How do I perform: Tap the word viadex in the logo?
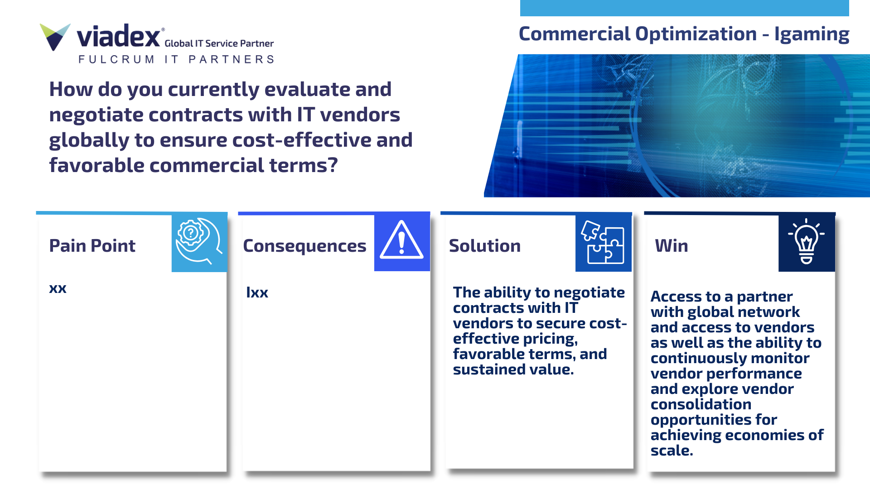pos(118,36)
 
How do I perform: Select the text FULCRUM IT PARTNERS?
pos(176,59)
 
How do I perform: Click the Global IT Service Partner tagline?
pos(219,43)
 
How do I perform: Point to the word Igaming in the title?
pos(812,34)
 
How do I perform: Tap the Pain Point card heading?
pos(92,245)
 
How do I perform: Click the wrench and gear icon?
pos(199,241)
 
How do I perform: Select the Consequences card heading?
pos(304,246)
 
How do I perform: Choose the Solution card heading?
pos(484,245)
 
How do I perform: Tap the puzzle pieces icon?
pos(603,242)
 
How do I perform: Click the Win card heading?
pos(671,245)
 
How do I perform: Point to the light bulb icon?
pos(806,241)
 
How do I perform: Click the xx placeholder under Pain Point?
pos(58,288)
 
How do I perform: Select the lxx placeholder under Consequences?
pos(257,292)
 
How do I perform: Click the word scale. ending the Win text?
pos(672,451)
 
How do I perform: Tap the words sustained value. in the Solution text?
pos(513,369)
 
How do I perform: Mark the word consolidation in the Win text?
pos(701,404)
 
